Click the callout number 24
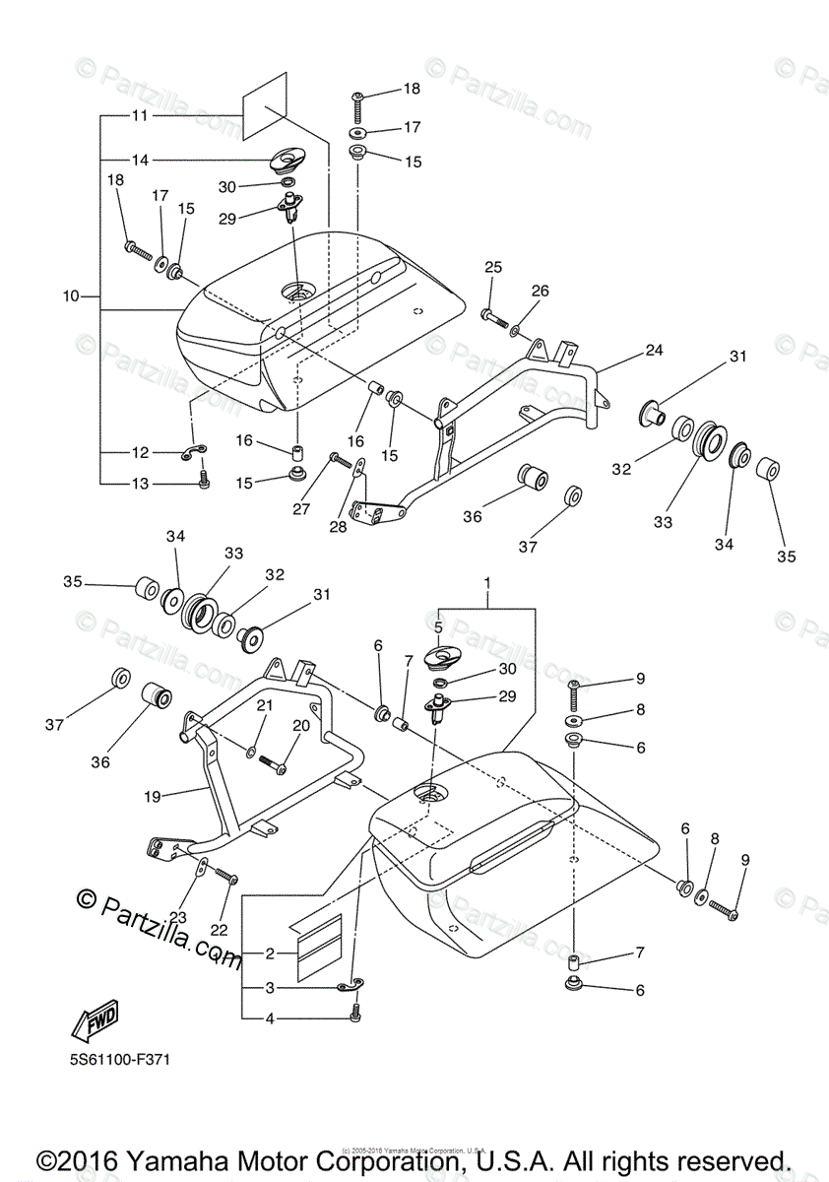[x=655, y=350]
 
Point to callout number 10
[x=70, y=295]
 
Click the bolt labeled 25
[x=491, y=315]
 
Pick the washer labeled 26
[x=516, y=323]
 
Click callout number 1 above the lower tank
[x=486, y=583]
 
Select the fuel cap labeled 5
[x=443, y=656]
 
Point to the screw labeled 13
[x=204, y=481]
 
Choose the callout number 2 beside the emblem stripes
[x=270, y=952]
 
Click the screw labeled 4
[x=356, y=1013]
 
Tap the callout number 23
[x=177, y=917]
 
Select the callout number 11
[x=139, y=115]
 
